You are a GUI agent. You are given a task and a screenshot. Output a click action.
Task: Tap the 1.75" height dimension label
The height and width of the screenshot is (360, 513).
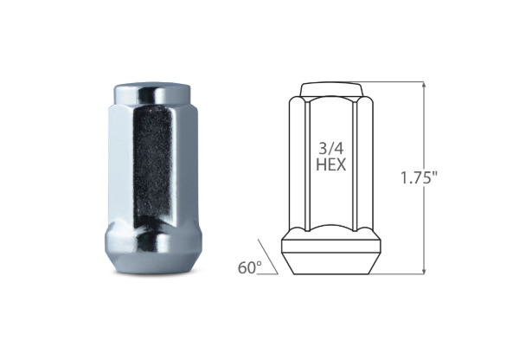[420, 179]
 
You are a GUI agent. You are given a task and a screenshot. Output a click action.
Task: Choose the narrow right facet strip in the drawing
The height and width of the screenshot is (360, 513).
[357, 164]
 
